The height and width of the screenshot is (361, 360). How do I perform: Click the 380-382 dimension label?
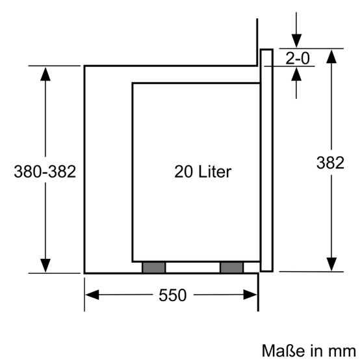coord(45,172)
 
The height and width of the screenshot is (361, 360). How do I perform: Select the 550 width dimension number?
coord(172,295)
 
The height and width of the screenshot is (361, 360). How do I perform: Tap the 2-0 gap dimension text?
coord(298,58)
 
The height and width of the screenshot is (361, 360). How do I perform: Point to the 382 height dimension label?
coord(330,163)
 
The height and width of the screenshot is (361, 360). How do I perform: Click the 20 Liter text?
coord(203,172)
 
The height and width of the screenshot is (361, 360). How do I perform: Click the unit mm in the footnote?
coord(342,352)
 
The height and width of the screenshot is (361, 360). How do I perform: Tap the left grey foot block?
coord(153,267)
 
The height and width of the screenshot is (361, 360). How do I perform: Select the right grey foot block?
coord(231,267)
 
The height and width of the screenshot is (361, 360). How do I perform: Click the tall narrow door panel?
coord(266,160)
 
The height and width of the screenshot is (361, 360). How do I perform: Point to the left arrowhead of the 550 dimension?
coord(92,295)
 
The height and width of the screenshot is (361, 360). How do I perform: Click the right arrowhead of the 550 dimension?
coord(250,295)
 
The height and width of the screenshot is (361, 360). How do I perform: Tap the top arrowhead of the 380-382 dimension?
coord(45,74)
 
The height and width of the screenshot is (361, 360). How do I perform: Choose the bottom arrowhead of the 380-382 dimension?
coord(45,265)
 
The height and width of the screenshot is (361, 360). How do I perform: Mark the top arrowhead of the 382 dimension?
coord(331,57)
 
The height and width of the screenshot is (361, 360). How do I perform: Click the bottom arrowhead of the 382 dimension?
coord(331,264)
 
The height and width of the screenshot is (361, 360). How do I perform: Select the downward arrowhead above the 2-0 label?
coord(296,41)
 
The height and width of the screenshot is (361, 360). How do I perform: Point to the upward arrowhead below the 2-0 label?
coord(296,74)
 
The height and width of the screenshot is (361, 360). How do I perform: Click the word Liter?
coord(214,172)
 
